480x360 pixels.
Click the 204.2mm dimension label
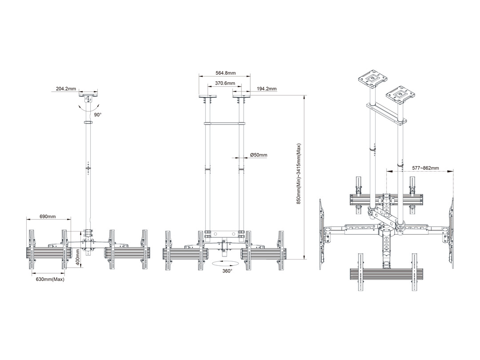pos(66,89)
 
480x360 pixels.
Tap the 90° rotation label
pos(97,114)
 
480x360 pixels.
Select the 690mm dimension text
pos(48,216)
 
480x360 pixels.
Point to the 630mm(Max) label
pos(49,280)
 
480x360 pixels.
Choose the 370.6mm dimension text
pos(224,83)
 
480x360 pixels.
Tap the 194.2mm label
pos(267,89)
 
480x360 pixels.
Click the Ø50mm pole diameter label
pos(258,155)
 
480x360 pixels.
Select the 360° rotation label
pos(227,271)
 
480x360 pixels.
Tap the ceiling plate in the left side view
pos(89,95)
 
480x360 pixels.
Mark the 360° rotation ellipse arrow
pos(227,263)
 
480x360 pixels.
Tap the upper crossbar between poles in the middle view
pos(224,123)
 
